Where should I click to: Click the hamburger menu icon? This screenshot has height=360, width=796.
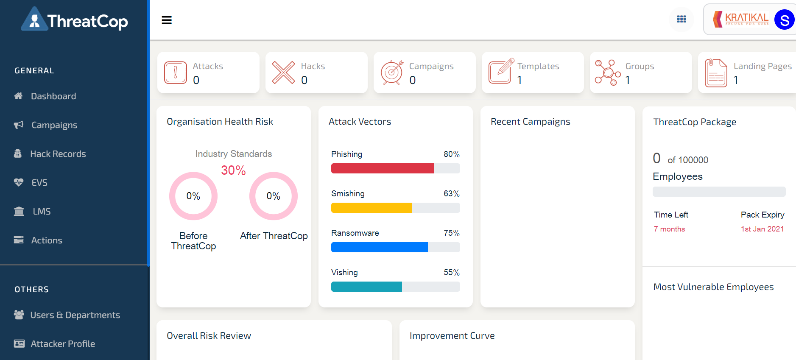[x=167, y=20]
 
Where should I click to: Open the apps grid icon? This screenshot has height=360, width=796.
[x=681, y=19]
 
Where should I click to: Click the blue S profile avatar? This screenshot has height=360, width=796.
[x=784, y=20]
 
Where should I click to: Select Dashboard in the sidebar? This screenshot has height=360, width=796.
[x=53, y=96]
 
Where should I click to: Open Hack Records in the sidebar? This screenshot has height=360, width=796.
[x=58, y=154]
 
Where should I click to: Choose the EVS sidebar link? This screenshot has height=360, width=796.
[x=39, y=183]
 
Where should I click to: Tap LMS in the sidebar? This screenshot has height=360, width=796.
[x=42, y=212]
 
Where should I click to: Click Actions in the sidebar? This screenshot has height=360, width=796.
[x=47, y=240]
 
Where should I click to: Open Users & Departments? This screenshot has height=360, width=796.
[x=75, y=315]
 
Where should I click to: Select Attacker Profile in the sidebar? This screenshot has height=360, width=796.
[x=62, y=344]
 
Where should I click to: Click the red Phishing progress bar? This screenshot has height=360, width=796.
[x=383, y=168]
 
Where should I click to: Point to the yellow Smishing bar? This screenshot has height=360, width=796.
[x=371, y=208]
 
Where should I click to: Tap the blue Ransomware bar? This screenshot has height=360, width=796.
[x=379, y=247]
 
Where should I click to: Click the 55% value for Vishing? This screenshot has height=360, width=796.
[x=451, y=273]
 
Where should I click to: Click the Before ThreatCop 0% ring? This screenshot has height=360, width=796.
[x=193, y=196]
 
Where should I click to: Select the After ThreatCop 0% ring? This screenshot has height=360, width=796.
[x=274, y=196]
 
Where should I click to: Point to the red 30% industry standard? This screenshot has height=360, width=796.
[x=233, y=170]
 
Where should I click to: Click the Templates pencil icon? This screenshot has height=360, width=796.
[x=501, y=72]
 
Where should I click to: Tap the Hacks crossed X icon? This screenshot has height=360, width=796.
[x=283, y=72]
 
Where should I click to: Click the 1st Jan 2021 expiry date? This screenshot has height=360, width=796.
[x=762, y=229]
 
